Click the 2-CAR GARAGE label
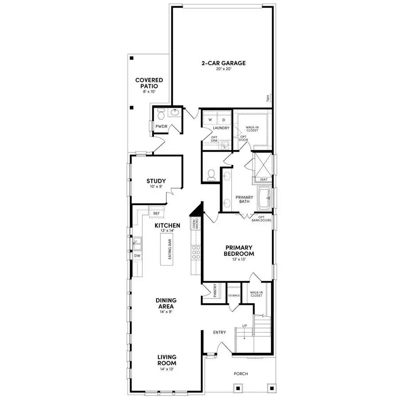click(223, 63)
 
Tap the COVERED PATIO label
click(149, 83)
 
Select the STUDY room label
click(156, 181)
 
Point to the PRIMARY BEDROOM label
click(239, 250)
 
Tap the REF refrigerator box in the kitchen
click(156, 213)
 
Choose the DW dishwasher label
click(137, 256)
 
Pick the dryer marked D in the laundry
click(224, 120)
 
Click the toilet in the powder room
click(160, 115)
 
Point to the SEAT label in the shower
click(264, 180)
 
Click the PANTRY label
click(215, 291)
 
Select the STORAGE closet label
click(234, 295)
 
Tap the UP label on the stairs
click(244, 326)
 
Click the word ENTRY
click(219, 332)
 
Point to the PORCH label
click(241, 374)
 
